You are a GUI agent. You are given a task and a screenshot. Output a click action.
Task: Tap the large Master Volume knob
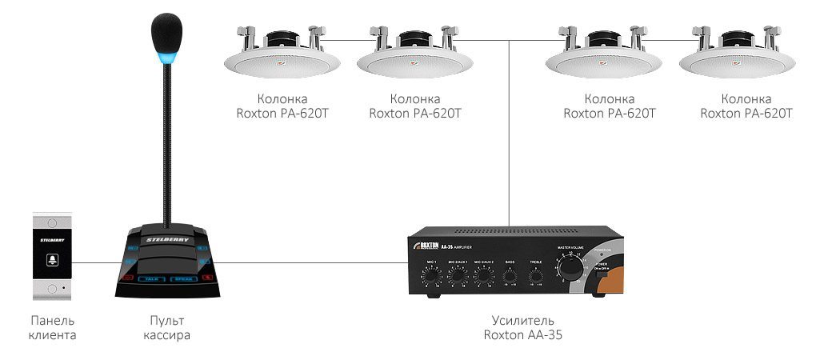[x=570, y=266]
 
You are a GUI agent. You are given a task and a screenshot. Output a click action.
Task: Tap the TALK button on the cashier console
[x=151, y=278]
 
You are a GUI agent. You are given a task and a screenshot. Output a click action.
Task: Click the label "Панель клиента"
[x=52, y=328]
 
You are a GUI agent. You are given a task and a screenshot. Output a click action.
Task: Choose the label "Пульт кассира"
[x=166, y=328]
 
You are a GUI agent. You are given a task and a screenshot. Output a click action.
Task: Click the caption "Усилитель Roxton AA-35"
[x=522, y=328]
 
